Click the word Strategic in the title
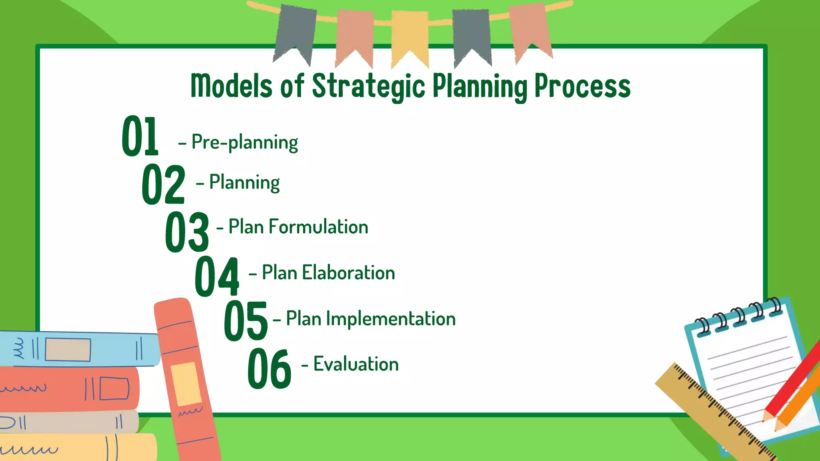[368, 86]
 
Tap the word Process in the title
[583, 86]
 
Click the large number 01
[140, 136]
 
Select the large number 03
[187, 232]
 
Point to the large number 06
[269, 368]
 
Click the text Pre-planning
[245, 142]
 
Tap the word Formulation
[318, 227]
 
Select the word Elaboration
[348, 273]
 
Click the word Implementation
[391, 319]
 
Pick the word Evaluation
[356, 364]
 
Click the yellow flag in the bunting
[410, 36]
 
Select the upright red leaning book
[186, 380]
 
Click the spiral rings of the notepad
[739, 316]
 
